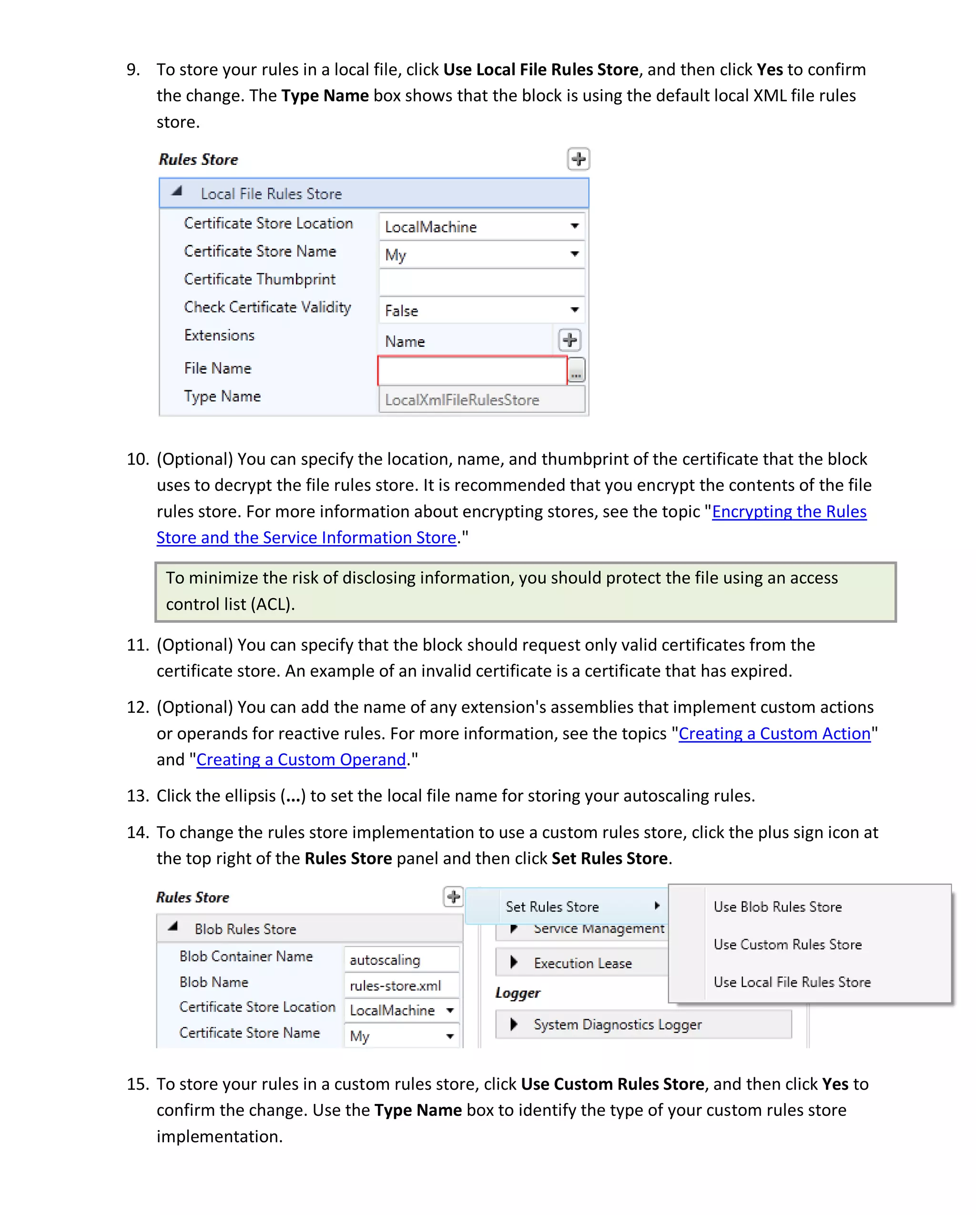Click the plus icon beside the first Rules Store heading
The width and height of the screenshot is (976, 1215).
pos(578,159)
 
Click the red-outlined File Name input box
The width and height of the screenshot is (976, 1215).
pos(472,370)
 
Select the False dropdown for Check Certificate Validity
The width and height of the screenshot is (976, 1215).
pos(482,310)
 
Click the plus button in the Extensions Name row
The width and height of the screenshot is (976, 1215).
pos(569,340)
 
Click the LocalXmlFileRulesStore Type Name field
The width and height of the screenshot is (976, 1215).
pos(482,400)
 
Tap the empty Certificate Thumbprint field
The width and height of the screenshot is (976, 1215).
pos(482,281)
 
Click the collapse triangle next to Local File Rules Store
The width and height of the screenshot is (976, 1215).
pos(177,192)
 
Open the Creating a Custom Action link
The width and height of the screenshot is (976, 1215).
pos(774,734)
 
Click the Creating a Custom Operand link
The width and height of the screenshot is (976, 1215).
pos(301,759)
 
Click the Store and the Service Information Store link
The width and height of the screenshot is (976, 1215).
pos(306,537)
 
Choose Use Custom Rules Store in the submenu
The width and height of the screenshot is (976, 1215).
pos(787,944)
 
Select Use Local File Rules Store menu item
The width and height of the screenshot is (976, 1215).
pos(792,982)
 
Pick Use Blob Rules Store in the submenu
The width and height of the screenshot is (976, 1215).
pos(777,907)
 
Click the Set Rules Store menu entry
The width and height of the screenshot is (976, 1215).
pos(552,907)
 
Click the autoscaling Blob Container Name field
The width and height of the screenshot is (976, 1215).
pos(401,960)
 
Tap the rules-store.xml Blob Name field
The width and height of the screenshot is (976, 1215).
pos(401,986)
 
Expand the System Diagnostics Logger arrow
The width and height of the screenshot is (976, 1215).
pos(514,1024)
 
